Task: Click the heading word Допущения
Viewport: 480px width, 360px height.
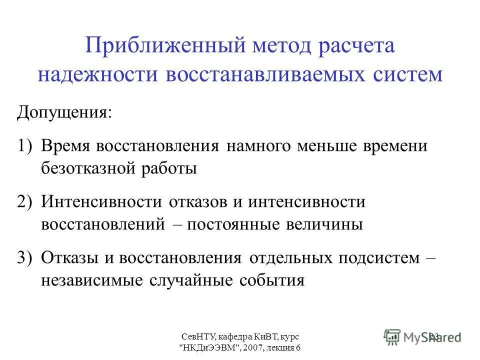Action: coord(64,110)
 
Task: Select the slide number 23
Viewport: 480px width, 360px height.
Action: coord(433,336)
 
